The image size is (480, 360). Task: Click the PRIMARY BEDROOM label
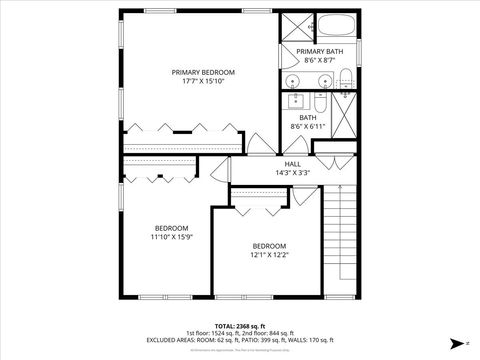pyautogui.click(x=203, y=72)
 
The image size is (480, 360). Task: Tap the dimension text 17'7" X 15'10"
pyautogui.click(x=203, y=82)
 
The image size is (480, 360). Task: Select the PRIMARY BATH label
pyautogui.click(x=318, y=51)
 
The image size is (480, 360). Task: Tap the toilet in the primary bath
pyautogui.click(x=343, y=79)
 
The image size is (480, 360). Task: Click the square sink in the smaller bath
pyautogui.click(x=296, y=101)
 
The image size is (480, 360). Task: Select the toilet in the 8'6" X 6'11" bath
pyautogui.click(x=318, y=103)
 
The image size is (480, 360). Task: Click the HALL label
pyautogui.click(x=293, y=163)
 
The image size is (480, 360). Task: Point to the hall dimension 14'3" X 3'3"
pyautogui.click(x=293, y=173)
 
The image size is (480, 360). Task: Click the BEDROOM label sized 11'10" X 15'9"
pyautogui.click(x=172, y=227)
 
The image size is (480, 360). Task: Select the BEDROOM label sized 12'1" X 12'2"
pyautogui.click(x=269, y=246)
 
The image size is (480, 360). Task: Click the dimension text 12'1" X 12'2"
pyautogui.click(x=269, y=256)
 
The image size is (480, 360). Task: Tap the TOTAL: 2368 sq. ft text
pyautogui.click(x=240, y=325)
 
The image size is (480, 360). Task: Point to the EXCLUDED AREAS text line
pyautogui.click(x=240, y=340)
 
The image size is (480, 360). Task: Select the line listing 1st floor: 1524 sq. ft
pyautogui.click(x=240, y=332)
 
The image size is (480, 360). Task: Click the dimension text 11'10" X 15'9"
pyautogui.click(x=172, y=237)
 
